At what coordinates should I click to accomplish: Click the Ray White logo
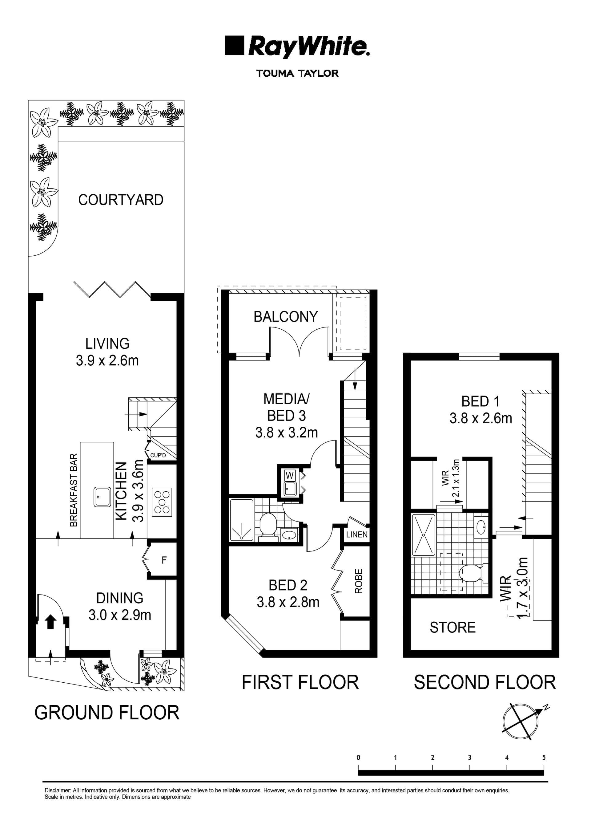[x=297, y=46]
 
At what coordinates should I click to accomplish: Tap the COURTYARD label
[x=121, y=200]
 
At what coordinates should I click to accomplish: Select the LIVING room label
[x=107, y=343]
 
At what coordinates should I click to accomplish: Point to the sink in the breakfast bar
[x=103, y=497]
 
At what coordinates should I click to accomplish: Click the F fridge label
[x=164, y=560]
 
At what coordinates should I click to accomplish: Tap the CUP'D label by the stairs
[x=158, y=455]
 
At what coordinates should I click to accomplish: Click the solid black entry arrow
[x=51, y=622]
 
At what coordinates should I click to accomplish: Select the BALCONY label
[x=286, y=317]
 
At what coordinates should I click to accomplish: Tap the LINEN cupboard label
[x=357, y=534]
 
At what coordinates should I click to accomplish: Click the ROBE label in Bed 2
[x=359, y=581]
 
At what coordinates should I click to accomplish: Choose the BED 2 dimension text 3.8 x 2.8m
[x=288, y=602]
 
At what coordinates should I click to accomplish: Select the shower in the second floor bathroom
[x=423, y=535]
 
